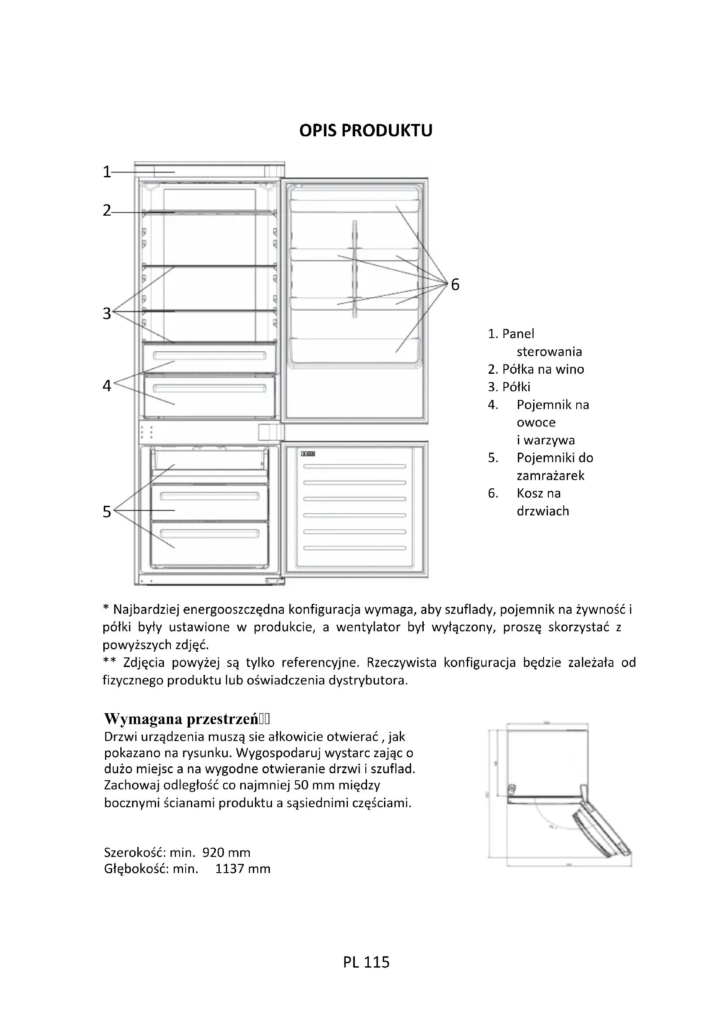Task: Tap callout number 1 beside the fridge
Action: (106, 171)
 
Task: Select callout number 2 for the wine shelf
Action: (106, 210)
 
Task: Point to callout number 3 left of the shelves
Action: (106, 313)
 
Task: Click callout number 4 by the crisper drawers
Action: (106, 385)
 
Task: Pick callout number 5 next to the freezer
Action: (106, 512)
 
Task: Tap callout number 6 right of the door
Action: (455, 284)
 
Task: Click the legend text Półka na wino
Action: (543, 369)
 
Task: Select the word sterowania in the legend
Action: (549, 352)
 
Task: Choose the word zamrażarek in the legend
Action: (551, 476)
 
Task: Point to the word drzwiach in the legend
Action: (543, 511)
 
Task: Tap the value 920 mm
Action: (226, 853)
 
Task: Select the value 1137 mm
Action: (243, 869)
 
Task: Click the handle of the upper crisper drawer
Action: (209, 355)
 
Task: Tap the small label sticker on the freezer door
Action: (308, 454)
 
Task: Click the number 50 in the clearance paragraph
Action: (301, 785)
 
